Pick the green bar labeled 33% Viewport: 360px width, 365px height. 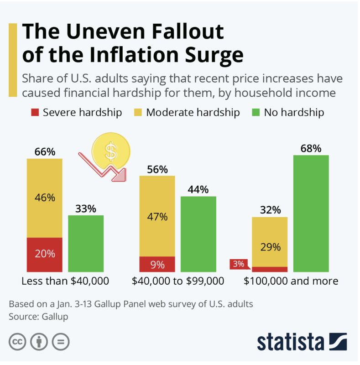click(86, 244)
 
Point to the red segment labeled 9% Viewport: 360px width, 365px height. click(157, 264)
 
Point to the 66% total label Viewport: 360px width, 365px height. click(44, 152)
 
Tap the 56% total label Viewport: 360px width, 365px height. click(157, 169)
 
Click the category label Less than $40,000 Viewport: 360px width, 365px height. click(65, 281)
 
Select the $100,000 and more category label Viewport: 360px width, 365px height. click(291, 281)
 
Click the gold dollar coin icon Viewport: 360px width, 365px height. click(111, 151)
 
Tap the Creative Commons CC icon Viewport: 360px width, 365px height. click(17, 341)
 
